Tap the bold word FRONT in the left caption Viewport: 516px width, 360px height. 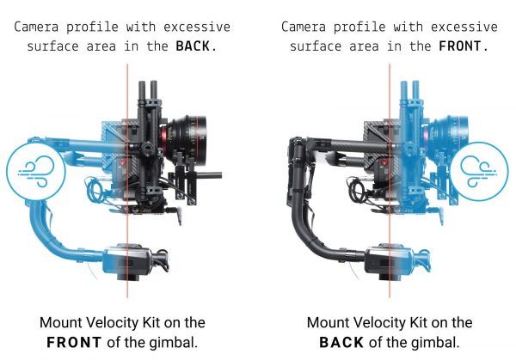coord(74,343)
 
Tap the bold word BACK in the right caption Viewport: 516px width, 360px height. coord(341,343)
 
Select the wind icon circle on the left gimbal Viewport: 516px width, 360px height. coord(35,171)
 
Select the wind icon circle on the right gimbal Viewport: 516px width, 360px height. coord(480,171)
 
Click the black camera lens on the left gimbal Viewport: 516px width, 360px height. coord(185,137)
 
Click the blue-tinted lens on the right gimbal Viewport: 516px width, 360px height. coord(448,137)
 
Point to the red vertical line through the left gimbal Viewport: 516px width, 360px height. coord(127,180)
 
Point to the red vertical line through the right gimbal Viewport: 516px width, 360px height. coord(390,180)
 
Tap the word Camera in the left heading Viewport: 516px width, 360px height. coord(36,27)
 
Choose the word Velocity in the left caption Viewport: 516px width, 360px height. coord(114,322)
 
